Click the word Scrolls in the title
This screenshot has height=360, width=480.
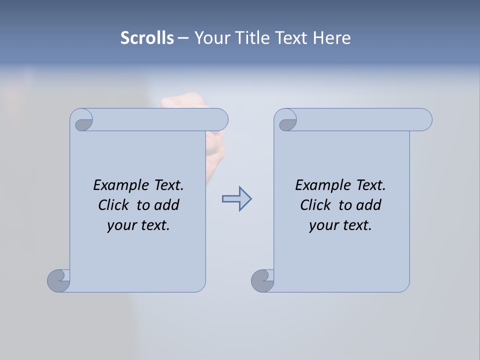coord(147,38)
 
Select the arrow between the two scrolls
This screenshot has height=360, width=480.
coord(236,199)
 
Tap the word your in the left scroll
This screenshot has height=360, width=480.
coord(119,225)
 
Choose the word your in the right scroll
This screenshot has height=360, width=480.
coord(321,225)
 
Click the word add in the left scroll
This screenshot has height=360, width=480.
coord(167,205)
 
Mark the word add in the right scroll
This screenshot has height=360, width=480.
coord(369,205)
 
